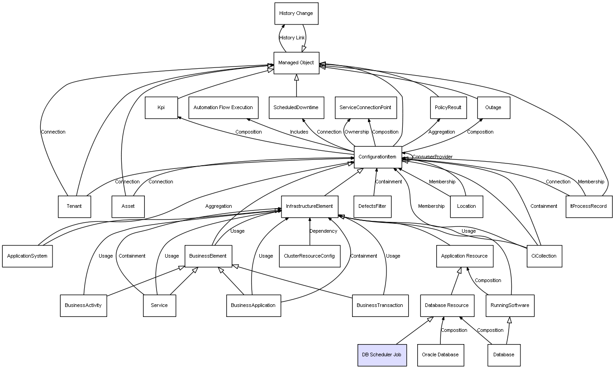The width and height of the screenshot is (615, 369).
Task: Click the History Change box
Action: point(296,14)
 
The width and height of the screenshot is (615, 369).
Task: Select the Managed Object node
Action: point(296,63)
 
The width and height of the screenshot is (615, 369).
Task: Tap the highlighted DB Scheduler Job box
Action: point(382,355)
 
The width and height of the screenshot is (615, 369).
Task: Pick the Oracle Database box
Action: point(440,355)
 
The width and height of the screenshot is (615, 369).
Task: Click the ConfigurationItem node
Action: point(378,157)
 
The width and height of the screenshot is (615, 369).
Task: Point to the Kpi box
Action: point(161,108)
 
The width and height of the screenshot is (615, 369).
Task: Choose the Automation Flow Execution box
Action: point(223,108)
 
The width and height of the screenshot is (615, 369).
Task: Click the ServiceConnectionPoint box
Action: point(366,108)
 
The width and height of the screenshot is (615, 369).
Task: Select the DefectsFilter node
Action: point(372,206)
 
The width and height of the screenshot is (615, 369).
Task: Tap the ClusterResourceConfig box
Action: point(310,256)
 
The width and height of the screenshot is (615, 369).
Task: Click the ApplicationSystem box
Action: point(27,256)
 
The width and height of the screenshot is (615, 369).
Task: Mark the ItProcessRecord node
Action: point(589,206)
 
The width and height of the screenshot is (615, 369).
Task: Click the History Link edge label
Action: point(292,38)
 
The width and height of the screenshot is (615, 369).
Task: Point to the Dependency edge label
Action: point(323,231)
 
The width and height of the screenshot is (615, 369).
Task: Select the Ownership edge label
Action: point(357,132)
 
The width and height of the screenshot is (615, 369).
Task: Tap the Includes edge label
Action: point(299,132)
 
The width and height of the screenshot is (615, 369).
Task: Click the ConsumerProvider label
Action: point(433,157)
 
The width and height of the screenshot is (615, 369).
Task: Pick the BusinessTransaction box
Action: point(380,306)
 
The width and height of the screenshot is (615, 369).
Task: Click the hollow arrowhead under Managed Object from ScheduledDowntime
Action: point(296,77)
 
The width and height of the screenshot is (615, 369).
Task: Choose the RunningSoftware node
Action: point(510,306)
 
